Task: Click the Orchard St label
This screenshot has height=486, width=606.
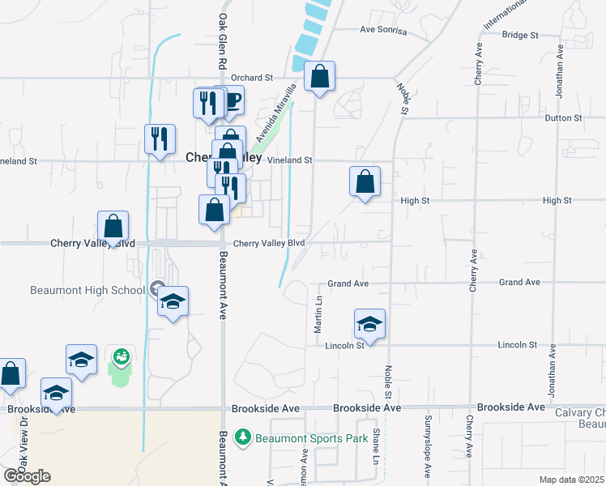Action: [251, 78]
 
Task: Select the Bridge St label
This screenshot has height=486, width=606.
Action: [520, 36]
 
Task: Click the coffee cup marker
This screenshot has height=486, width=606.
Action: [232, 100]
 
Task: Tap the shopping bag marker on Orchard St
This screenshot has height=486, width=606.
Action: [320, 78]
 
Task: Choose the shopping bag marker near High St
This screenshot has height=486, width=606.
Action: [365, 182]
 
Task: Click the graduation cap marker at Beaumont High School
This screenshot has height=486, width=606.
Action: [173, 302]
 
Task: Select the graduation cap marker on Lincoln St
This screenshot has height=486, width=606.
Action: [369, 325]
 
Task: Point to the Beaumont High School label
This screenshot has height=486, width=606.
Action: [88, 290]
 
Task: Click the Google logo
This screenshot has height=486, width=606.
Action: [27, 476]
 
